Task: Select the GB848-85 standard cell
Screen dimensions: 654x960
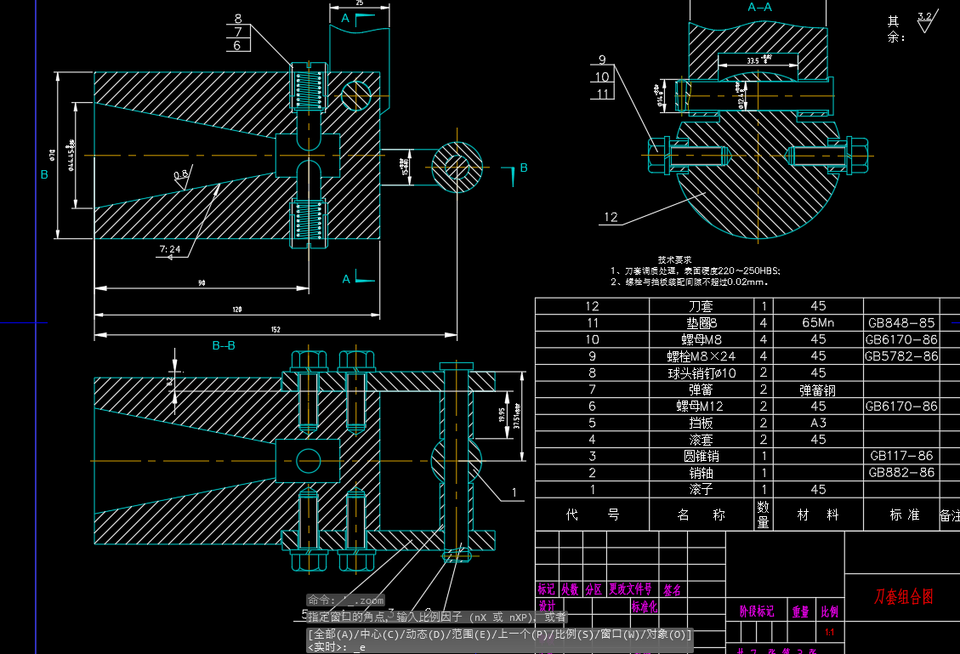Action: click(x=901, y=322)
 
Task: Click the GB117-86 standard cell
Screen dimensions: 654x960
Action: click(x=901, y=456)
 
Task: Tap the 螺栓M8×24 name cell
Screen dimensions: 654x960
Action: click(x=701, y=355)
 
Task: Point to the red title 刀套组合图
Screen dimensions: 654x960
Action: click(x=903, y=596)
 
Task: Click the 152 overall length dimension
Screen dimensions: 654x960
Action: click(x=276, y=329)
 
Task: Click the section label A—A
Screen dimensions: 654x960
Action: click(x=759, y=7)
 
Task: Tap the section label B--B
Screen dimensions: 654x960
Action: click(x=224, y=345)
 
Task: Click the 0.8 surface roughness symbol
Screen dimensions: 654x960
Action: click(x=180, y=175)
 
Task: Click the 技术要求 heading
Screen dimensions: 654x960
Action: click(x=674, y=259)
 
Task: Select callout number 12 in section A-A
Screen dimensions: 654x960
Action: click(x=611, y=217)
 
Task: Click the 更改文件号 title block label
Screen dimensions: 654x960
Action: click(x=629, y=589)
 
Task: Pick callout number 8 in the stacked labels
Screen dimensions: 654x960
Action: click(x=237, y=18)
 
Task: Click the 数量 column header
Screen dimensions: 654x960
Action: click(x=764, y=515)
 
